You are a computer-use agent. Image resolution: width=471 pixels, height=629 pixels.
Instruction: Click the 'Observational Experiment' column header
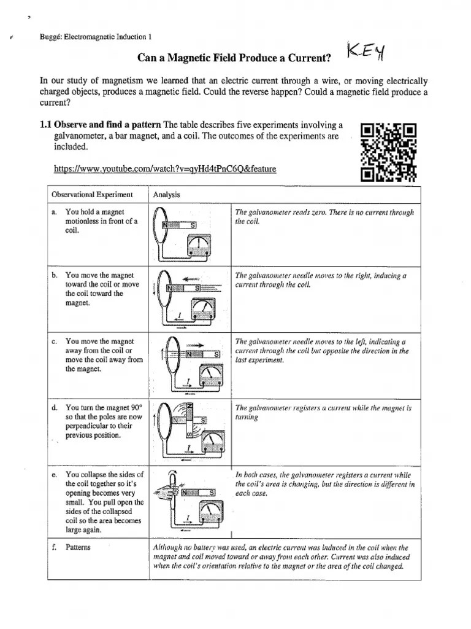pyautogui.click(x=92, y=195)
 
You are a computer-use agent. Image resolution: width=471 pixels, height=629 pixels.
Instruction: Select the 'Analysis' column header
pyautogui.click(x=167, y=195)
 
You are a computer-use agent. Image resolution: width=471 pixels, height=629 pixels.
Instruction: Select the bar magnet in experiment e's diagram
pyautogui.click(x=198, y=492)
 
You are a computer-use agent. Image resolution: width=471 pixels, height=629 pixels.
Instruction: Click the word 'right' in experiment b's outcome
pyautogui.click(x=372, y=276)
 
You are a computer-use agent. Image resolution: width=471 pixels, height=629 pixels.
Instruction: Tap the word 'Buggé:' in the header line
pyautogui.click(x=51, y=36)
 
